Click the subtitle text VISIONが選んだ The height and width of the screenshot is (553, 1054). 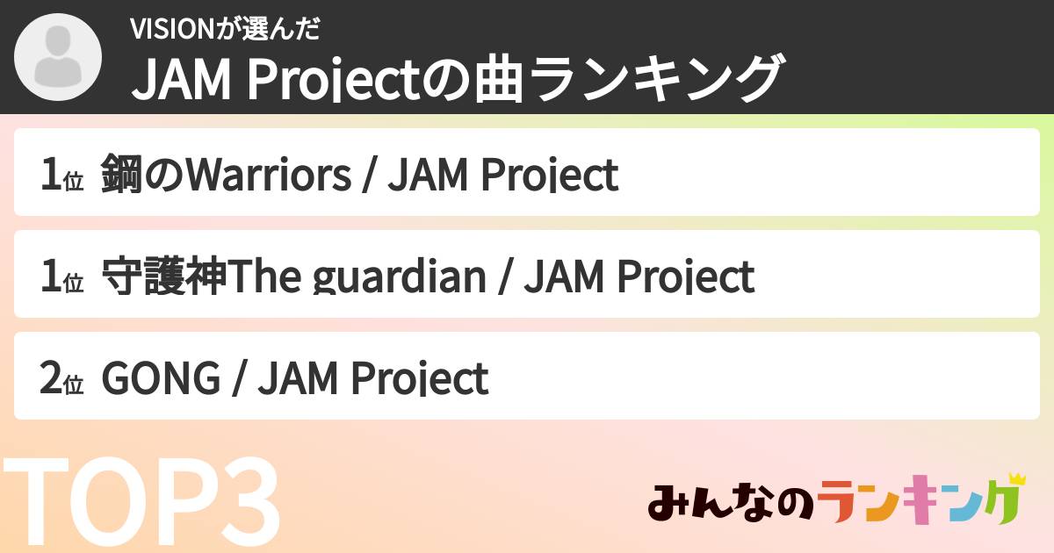pyautogui.click(x=224, y=28)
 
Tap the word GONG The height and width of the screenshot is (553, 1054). pyautogui.click(x=161, y=378)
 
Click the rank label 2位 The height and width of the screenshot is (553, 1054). pyautogui.click(x=61, y=379)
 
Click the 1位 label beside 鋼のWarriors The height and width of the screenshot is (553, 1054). pyautogui.click(x=61, y=175)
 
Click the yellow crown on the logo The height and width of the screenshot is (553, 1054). pyautogui.click(x=1016, y=479)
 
